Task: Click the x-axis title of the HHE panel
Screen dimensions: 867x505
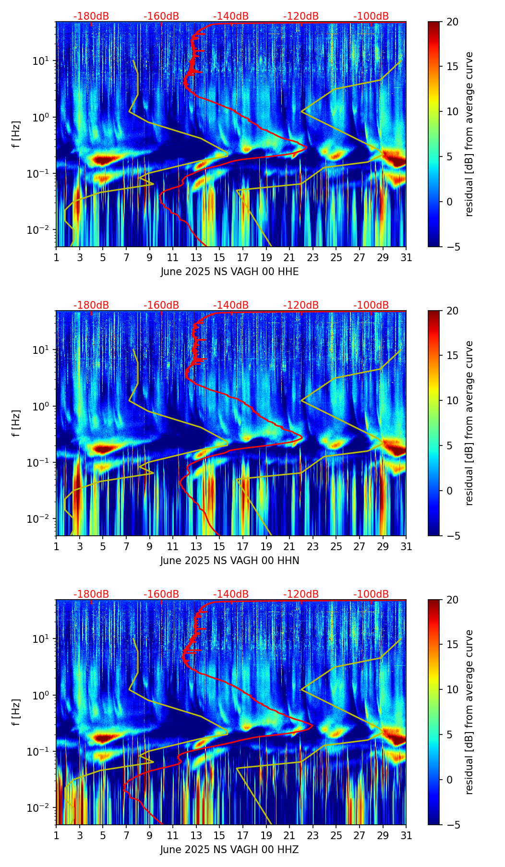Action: [229, 272]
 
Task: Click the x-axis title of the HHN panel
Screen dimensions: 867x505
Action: [229, 561]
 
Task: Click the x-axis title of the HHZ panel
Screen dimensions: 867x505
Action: [229, 850]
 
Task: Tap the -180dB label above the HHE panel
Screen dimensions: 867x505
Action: [91, 16]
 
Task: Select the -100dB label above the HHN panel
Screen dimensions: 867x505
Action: [371, 305]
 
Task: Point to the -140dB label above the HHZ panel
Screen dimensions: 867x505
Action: [231, 594]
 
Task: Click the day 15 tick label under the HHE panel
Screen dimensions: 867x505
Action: [219, 257]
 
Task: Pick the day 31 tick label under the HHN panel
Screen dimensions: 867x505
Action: [406, 546]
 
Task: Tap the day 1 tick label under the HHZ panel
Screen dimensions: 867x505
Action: [57, 835]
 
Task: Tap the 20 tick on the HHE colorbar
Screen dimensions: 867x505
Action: [452, 22]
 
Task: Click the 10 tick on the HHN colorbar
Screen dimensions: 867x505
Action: [452, 400]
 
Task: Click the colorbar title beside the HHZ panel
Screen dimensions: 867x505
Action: [469, 712]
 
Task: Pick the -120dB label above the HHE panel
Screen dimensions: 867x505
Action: [301, 16]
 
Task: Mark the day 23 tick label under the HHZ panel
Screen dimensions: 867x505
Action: [313, 835]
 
